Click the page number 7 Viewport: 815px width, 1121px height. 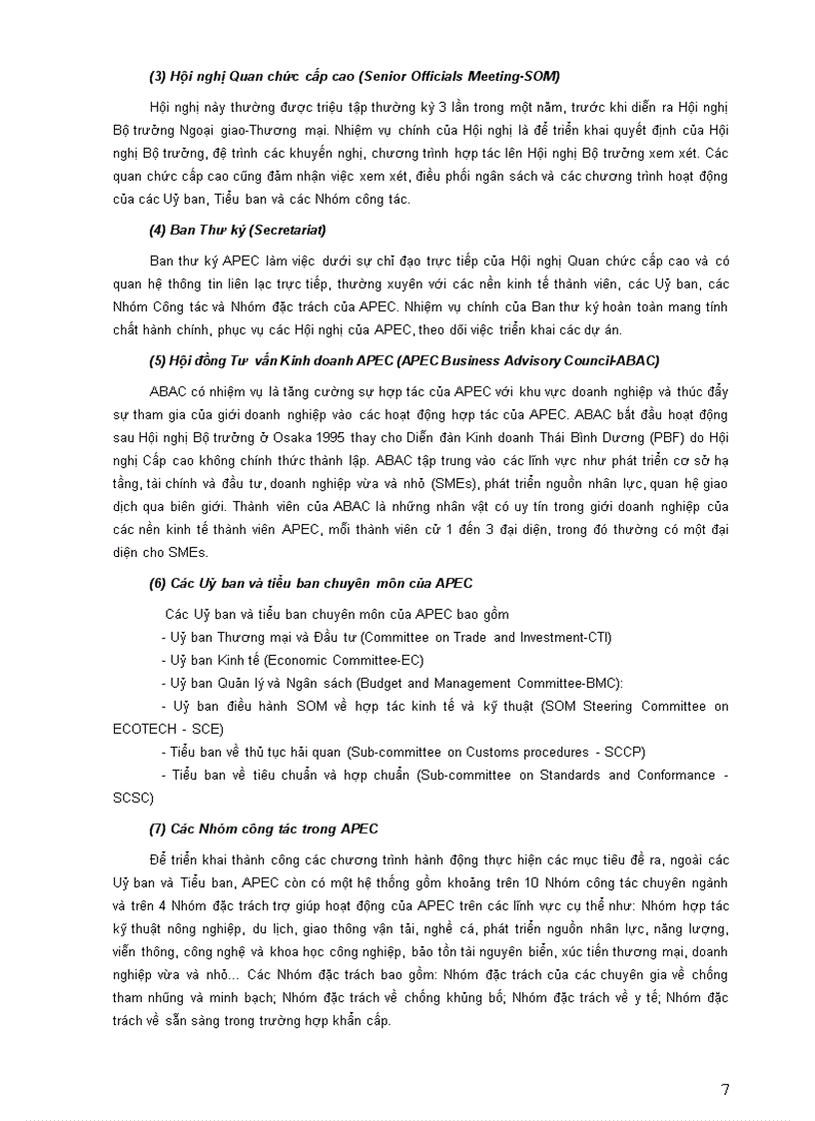coord(725,1089)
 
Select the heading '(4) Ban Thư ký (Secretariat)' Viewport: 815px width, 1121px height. coord(238,231)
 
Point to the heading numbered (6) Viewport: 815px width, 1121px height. coord(311,583)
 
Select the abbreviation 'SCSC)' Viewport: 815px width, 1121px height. coord(134,798)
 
